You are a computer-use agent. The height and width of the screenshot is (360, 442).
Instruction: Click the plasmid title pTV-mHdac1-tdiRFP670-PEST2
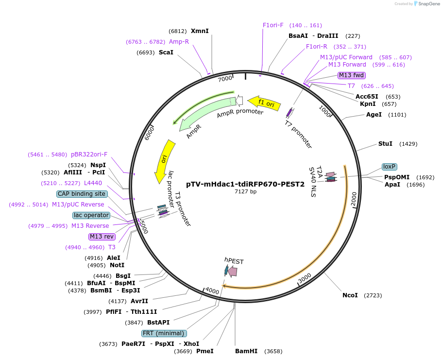245,184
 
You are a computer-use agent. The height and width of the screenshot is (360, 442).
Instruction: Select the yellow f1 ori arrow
265,103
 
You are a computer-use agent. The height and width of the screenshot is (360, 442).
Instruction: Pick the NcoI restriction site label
350,295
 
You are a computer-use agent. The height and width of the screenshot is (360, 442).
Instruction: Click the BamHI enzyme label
246,351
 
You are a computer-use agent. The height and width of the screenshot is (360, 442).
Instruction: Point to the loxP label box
389,167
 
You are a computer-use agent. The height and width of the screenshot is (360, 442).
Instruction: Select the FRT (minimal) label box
164,333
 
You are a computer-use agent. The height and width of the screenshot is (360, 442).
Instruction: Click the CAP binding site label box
82,194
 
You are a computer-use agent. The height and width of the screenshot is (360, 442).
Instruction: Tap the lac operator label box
91,215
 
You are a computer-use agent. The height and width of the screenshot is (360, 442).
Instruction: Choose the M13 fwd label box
352,75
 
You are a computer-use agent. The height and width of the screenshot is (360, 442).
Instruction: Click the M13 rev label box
102,237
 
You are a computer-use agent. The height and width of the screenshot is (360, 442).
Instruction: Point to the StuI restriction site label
385,144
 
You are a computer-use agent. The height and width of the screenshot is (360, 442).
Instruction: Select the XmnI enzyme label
200,31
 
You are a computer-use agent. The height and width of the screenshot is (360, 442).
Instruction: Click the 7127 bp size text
245,192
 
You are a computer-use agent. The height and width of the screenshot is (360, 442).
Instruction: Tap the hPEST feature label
234,261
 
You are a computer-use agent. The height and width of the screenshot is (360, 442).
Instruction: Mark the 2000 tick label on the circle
354,199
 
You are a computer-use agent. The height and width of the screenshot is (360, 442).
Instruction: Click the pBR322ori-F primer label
89,154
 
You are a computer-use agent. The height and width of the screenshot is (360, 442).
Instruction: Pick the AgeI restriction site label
374,115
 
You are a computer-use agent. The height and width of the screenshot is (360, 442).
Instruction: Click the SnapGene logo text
429,4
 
